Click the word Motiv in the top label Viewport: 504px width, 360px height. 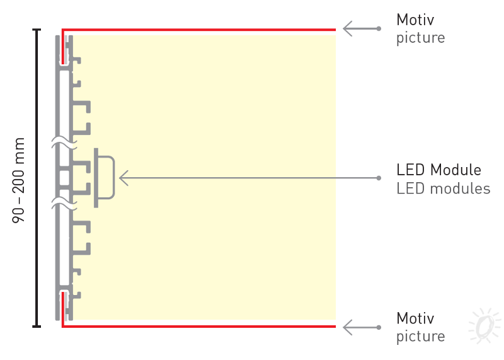click(415, 20)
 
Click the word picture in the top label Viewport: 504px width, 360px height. click(420, 38)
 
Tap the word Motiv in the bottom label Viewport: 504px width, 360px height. click(415, 318)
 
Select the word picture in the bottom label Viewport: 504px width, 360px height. click(420, 337)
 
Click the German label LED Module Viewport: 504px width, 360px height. click(438, 170)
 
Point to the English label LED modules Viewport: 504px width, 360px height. click(444, 189)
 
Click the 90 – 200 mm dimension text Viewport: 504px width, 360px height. click(19, 180)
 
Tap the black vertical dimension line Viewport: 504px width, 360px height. click(37, 178)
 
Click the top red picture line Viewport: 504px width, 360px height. click(199, 30)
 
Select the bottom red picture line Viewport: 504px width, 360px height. click(199, 326)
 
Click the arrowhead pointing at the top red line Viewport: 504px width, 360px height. click(347, 28)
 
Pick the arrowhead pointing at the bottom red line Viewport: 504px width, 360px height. click(347, 327)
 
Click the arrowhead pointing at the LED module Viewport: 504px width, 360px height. click(123, 178)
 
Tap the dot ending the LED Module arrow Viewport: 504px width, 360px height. click(379, 178)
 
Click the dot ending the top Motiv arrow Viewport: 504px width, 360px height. click(379, 28)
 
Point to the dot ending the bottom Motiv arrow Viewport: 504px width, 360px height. click(379, 327)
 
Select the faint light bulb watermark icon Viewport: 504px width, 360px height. click(484, 325)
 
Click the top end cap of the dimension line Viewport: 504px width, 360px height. click(37, 30)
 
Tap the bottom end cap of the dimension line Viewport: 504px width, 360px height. click(37, 327)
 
